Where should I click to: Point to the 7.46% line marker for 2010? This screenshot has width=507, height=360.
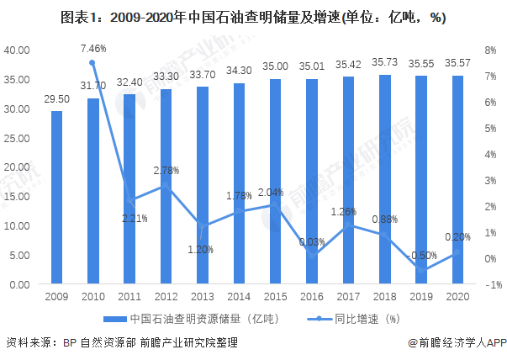pyautogui.click(x=92, y=63)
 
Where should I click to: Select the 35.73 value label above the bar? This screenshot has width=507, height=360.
pyautogui.click(x=383, y=64)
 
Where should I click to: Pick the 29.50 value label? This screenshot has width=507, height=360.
pyautogui.click(x=56, y=99)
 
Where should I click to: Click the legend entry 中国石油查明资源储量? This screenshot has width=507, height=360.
pyautogui.click(x=190, y=319)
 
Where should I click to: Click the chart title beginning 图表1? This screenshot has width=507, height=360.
pyautogui.click(x=253, y=17)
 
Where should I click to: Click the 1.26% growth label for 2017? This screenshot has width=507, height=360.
pyautogui.click(x=347, y=211)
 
